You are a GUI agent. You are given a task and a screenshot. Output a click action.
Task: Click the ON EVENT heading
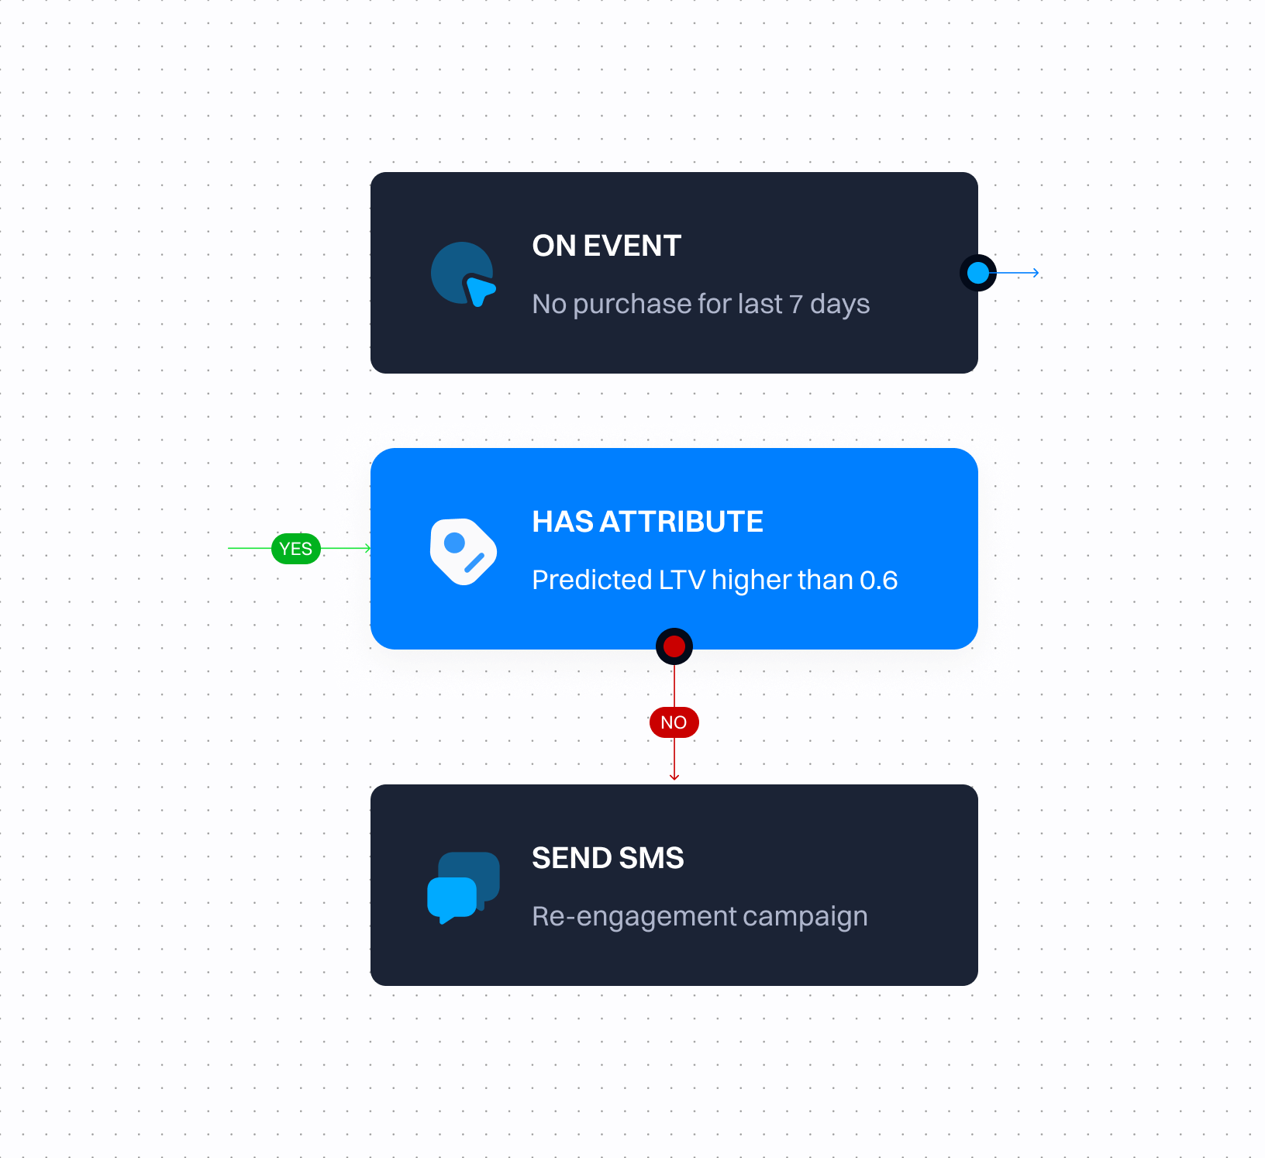point(606,246)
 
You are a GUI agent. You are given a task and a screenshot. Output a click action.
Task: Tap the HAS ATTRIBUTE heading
point(647,522)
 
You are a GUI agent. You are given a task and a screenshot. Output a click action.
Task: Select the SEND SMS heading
point(608,858)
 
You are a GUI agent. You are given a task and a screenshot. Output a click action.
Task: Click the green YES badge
point(296,549)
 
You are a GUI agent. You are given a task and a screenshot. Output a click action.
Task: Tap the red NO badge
point(674,722)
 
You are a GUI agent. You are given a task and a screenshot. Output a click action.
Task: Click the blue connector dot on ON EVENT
point(978,273)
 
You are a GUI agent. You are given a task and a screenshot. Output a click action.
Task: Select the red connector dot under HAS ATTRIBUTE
point(674,646)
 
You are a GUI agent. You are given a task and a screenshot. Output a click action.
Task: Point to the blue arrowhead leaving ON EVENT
point(1036,273)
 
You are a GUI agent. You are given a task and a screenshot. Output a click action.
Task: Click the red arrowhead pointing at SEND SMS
point(674,777)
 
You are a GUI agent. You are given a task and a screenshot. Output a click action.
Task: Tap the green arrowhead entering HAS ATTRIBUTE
point(368,548)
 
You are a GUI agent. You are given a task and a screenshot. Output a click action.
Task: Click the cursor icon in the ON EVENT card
point(464,274)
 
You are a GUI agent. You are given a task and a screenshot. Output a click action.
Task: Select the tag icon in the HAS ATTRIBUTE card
point(464,551)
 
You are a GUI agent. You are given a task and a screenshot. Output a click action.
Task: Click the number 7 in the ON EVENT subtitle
point(796,305)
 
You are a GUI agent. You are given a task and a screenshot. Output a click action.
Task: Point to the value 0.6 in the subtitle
point(879,580)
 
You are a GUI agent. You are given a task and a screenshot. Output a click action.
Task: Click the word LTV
point(682,580)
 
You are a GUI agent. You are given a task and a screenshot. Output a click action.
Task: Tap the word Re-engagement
point(634,916)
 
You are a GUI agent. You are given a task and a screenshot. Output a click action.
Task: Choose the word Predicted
point(592,580)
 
